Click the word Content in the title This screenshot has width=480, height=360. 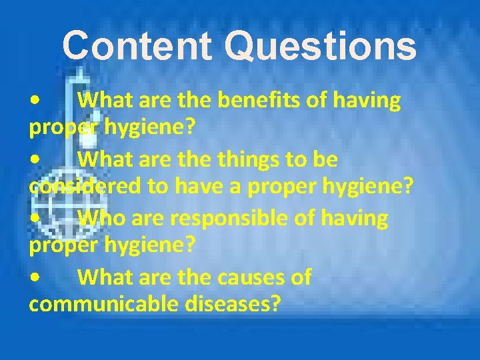point(137,47)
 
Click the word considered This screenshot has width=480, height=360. point(85,189)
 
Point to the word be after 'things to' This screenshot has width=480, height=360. point(327,160)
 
